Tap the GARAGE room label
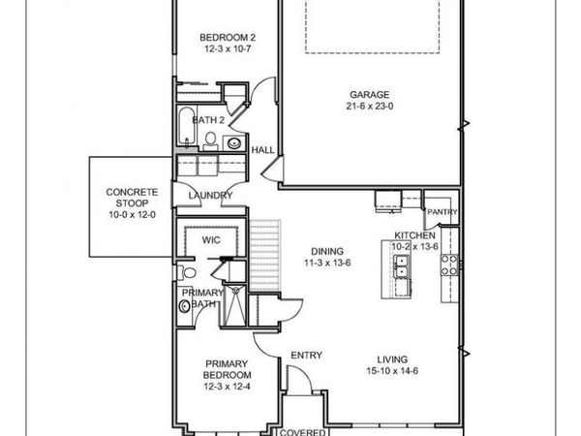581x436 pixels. tap(369, 95)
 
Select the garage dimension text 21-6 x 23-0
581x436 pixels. tap(369, 109)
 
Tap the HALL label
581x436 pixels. tap(262, 151)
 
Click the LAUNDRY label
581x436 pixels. tap(210, 196)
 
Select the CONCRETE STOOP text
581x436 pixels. tap(131, 199)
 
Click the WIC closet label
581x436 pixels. tap(211, 239)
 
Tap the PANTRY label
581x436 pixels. tap(441, 211)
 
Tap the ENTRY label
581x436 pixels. tap(306, 356)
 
